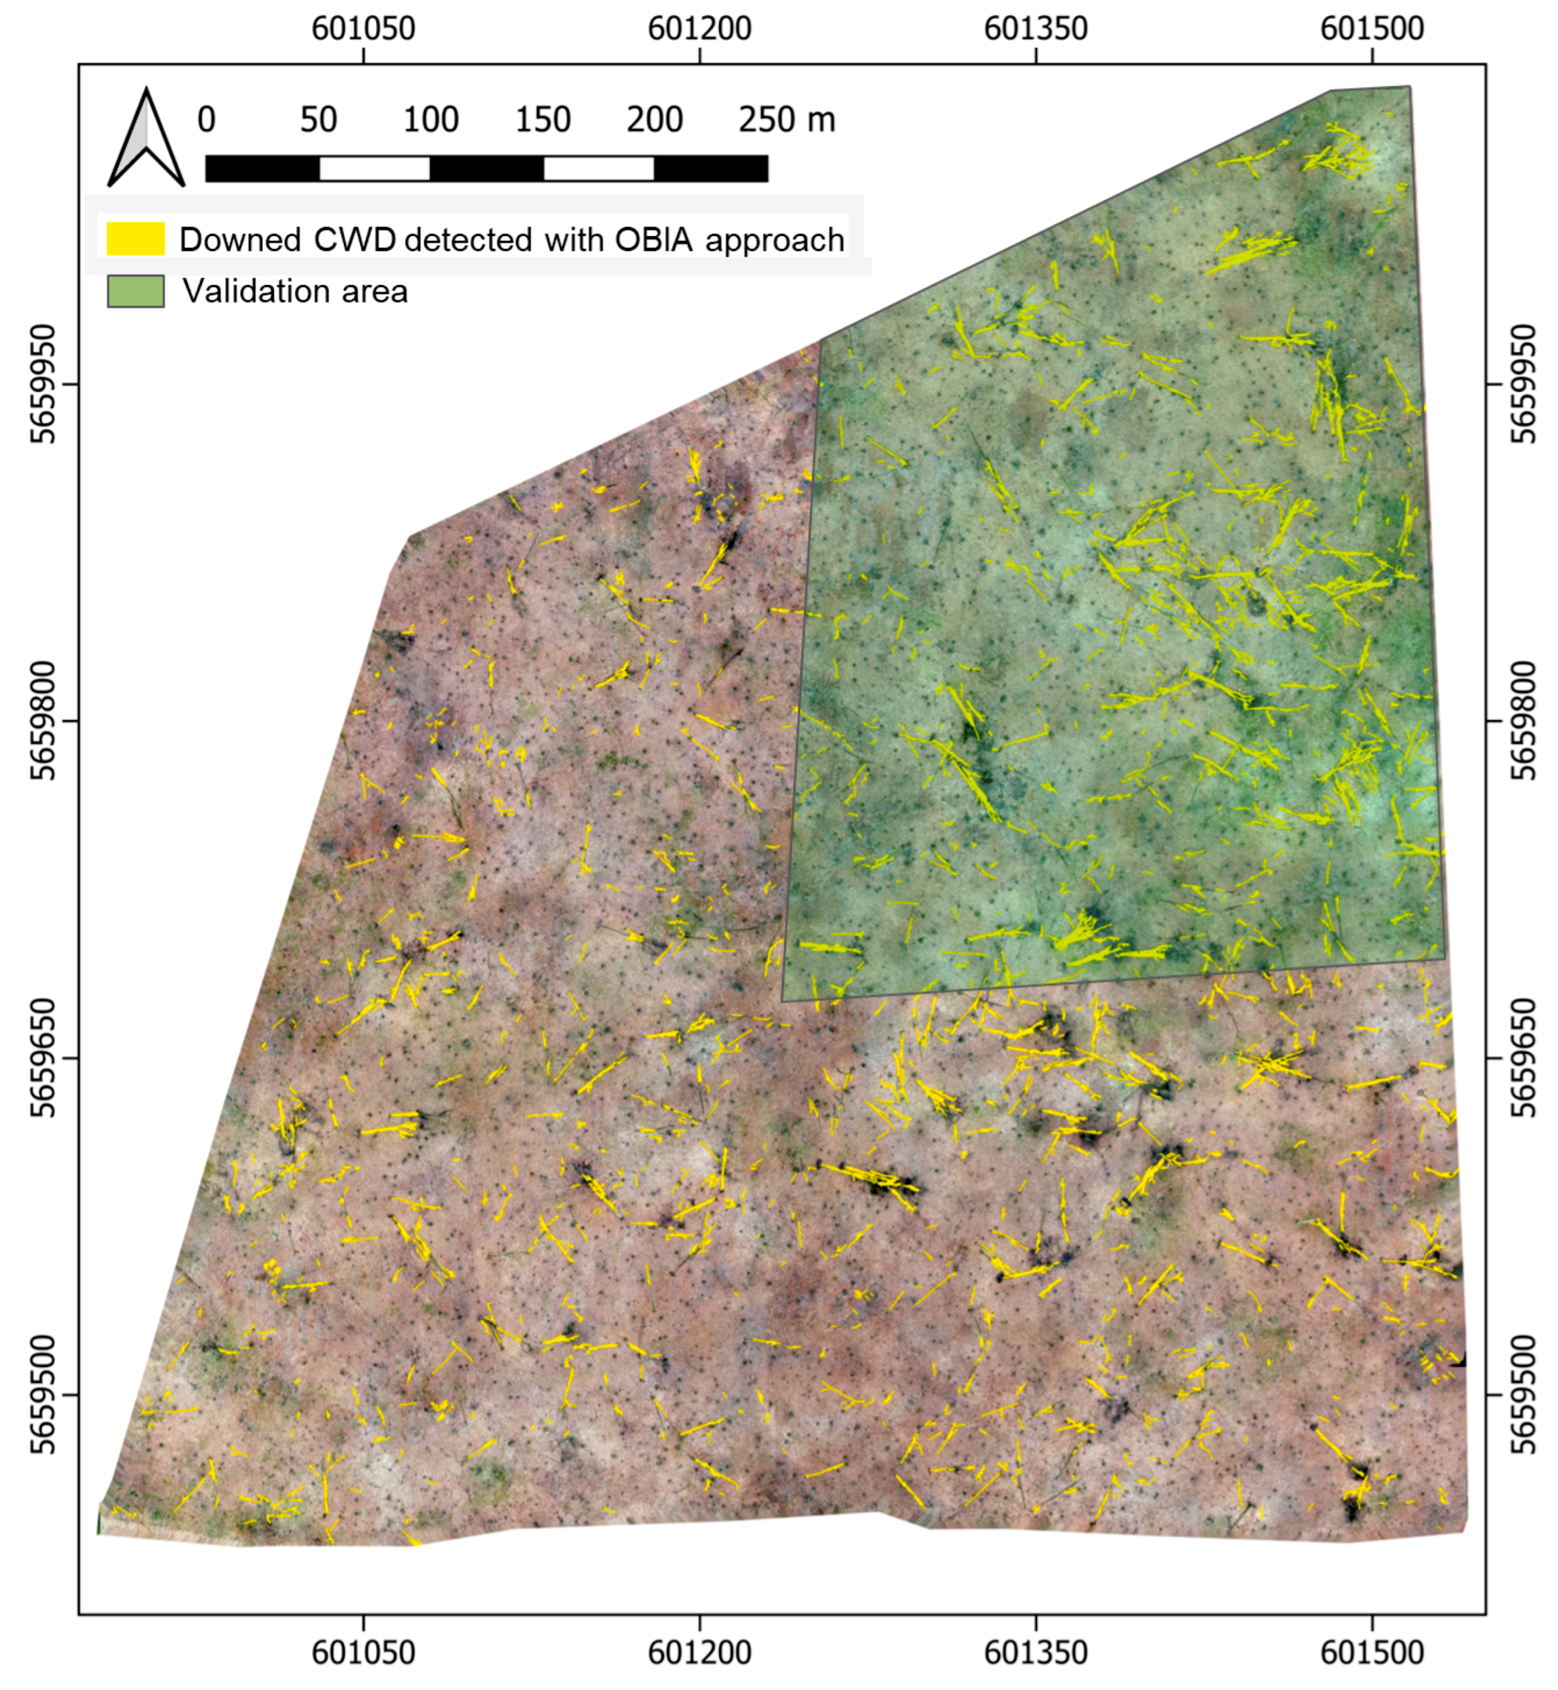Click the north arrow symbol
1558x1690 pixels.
click(x=146, y=139)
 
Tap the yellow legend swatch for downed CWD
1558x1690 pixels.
click(x=135, y=239)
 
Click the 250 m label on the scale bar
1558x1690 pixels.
click(x=787, y=120)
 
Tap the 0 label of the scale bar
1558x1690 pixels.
click(x=207, y=120)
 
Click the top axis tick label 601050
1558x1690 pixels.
click(x=364, y=29)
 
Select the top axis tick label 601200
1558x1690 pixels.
click(x=700, y=29)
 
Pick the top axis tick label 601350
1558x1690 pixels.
click(x=1036, y=29)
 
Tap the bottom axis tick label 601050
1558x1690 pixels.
click(x=364, y=1651)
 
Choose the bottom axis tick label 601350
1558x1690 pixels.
click(x=1036, y=1651)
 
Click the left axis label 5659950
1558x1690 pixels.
click(x=42, y=385)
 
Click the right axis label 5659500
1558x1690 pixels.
click(x=1523, y=1394)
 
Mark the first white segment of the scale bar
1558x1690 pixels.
click(x=374, y=169)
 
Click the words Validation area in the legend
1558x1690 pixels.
click(x=295, y=292)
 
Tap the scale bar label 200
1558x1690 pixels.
click(x=654, y=120)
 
